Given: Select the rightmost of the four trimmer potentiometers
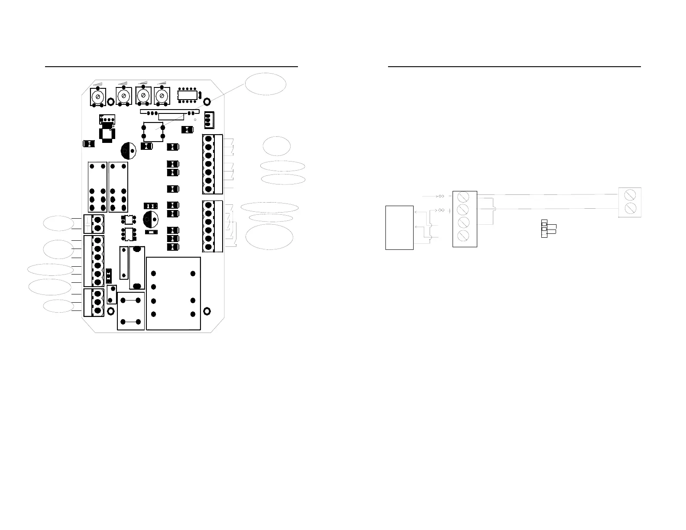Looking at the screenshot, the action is point(162,96).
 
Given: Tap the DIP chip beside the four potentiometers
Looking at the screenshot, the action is point(188,96).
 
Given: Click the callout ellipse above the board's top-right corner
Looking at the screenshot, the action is point(265,84).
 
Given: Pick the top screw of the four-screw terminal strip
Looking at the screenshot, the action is point(463,197).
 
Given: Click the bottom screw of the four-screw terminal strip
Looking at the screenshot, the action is point(463,236).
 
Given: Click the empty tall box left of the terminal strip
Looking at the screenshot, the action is point(399,228).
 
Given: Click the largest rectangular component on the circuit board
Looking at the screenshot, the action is point(174,293).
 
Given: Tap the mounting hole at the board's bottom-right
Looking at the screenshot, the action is point(207,311).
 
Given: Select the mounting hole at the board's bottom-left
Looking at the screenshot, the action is point(110,311).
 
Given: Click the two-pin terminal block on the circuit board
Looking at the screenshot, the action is point(94,223).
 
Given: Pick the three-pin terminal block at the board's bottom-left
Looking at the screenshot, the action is point(94,302).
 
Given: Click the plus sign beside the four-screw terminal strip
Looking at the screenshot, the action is point(451,210).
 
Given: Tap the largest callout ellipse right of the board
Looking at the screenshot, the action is point(269,236).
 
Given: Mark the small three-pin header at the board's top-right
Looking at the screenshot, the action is point(209,120).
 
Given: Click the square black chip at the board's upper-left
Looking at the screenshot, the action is point(106,133).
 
